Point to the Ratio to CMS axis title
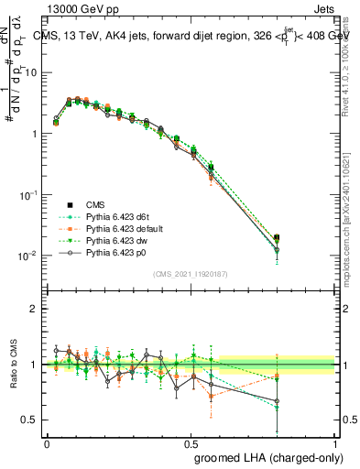[x=19, y=365]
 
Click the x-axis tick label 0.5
[x=191, y=441]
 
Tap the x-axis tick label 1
[x=334, y=441]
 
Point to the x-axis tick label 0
[x=48, y=441]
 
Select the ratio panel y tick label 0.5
[x=29, y=420]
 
